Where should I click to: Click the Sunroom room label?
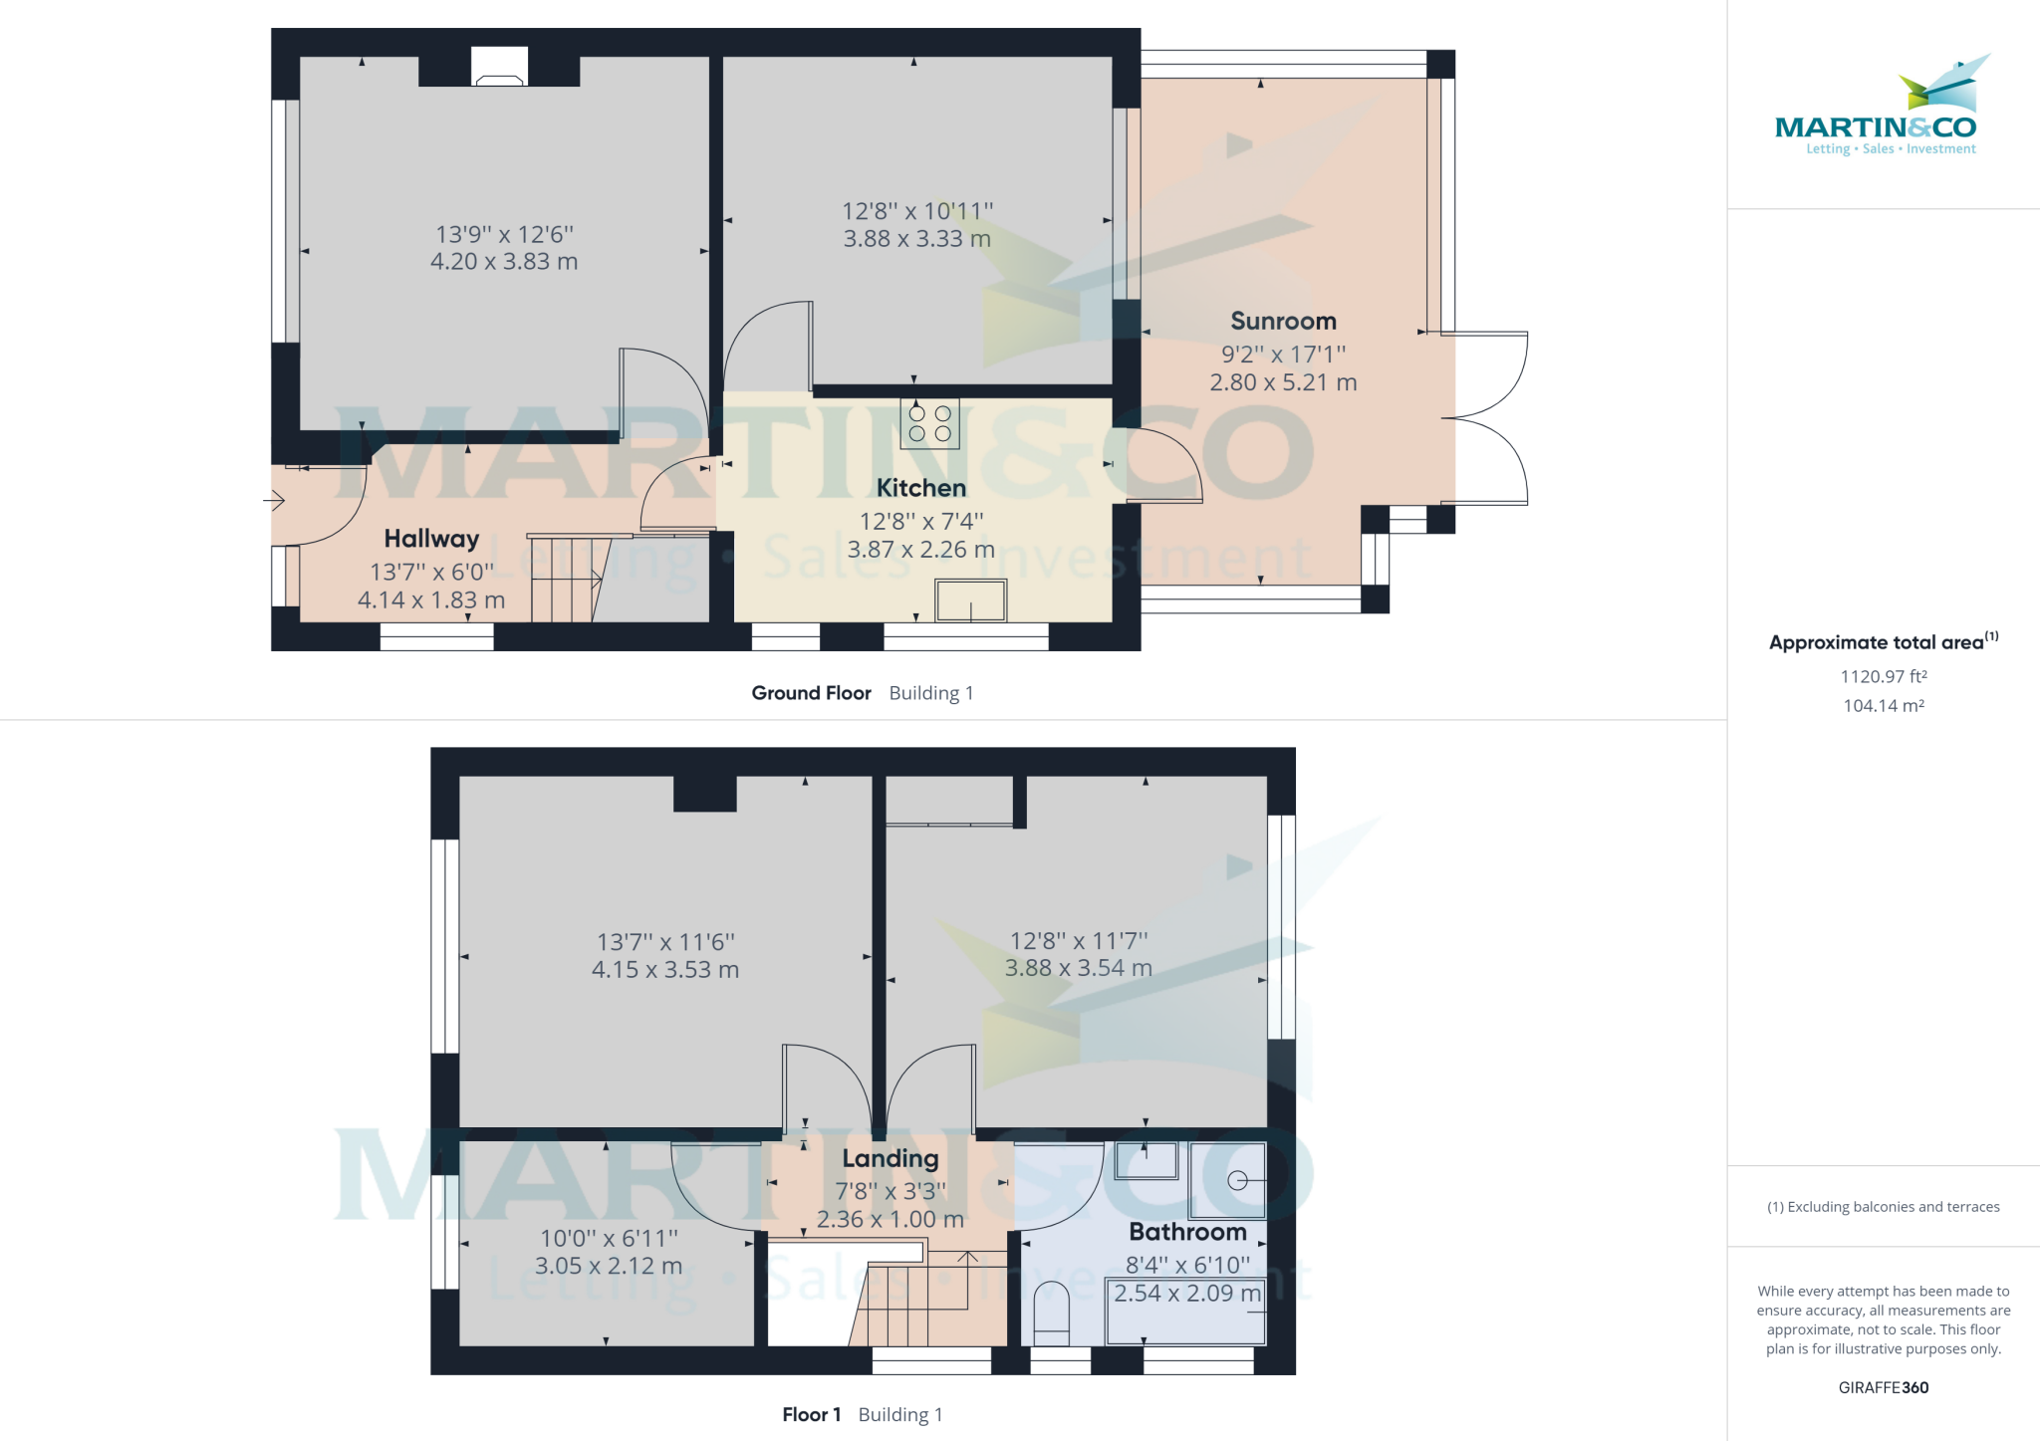pos(1283,321)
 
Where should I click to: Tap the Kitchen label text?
pos(920,488)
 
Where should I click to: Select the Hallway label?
pos(431,539)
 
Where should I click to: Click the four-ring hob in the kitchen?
pos(929,423)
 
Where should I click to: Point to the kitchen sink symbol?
pos(970,600)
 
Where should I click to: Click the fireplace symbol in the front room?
pos(499,67)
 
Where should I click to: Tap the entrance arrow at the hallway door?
pos(276,501)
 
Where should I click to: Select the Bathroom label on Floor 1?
pos(1187,1232)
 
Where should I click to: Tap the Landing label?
pos(890,1158)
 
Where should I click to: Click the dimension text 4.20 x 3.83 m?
pos(504,262)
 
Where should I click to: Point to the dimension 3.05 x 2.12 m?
pos(609,1267)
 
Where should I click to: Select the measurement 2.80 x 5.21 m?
pos(1283,382)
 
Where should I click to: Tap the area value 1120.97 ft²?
pos(1883,676)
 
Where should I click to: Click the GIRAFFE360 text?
pos(1883,1387)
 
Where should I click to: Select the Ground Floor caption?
pos(811,693)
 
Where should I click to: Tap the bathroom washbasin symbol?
pos(1146,1160)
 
